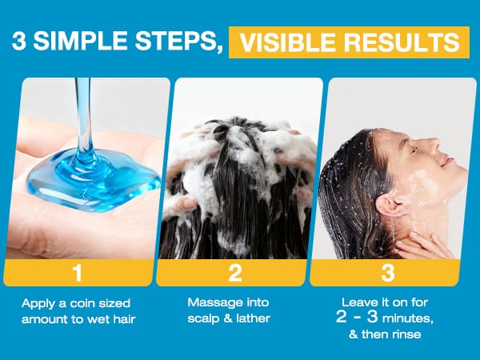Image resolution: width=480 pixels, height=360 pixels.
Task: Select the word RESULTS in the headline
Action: coord(402,42)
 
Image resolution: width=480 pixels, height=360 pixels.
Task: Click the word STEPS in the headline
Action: coord(178,42)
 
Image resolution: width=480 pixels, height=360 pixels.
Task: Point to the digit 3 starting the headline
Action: coord(19,41)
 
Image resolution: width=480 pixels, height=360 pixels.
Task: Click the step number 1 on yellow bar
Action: coord(78,273)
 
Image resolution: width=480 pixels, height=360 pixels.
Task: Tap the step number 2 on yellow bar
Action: coord(235,273)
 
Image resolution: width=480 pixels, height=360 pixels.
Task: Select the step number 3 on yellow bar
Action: coord(387,273)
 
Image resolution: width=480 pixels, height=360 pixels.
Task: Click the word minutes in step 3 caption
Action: coord(407,318)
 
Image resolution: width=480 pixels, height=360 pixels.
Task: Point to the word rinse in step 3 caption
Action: coord(406,334)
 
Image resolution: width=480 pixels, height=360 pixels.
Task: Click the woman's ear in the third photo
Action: coord(387,204)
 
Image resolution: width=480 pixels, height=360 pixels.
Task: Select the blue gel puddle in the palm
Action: coord(94,181)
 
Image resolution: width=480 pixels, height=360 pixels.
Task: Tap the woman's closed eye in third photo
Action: coord(414,150)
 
